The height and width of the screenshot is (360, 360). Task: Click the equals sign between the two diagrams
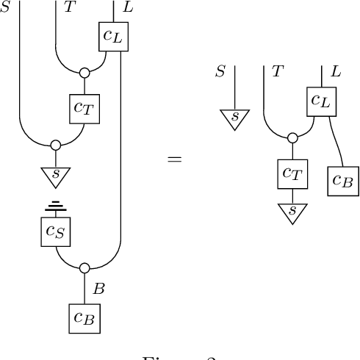(x=174, y=158)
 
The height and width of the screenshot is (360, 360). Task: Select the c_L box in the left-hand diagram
(x=113, y=36)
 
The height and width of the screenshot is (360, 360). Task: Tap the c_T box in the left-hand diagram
(x=84, y=108)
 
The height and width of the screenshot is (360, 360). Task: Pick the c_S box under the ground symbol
(x=55, y=231)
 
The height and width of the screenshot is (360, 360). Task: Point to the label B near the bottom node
(x=98, y=289)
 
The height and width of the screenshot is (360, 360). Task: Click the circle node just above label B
(x=84, y=268)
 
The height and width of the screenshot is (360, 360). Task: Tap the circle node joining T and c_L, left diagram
(x=84, y=73)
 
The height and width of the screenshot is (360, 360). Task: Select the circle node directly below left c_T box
(x=55, y=145)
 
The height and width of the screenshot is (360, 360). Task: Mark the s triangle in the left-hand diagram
(x=55, y=175)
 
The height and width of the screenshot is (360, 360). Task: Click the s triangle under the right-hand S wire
(x=234, y=118)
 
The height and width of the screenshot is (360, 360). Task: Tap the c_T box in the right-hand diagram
(x=292, y=174)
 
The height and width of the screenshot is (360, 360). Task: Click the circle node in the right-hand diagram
(x=292, y=137)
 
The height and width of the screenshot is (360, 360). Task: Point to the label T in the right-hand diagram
(x=278, y=71)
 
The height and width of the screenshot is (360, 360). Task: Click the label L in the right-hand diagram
(x=336, y=71)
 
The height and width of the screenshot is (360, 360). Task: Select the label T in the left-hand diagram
(x=69, y=7)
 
